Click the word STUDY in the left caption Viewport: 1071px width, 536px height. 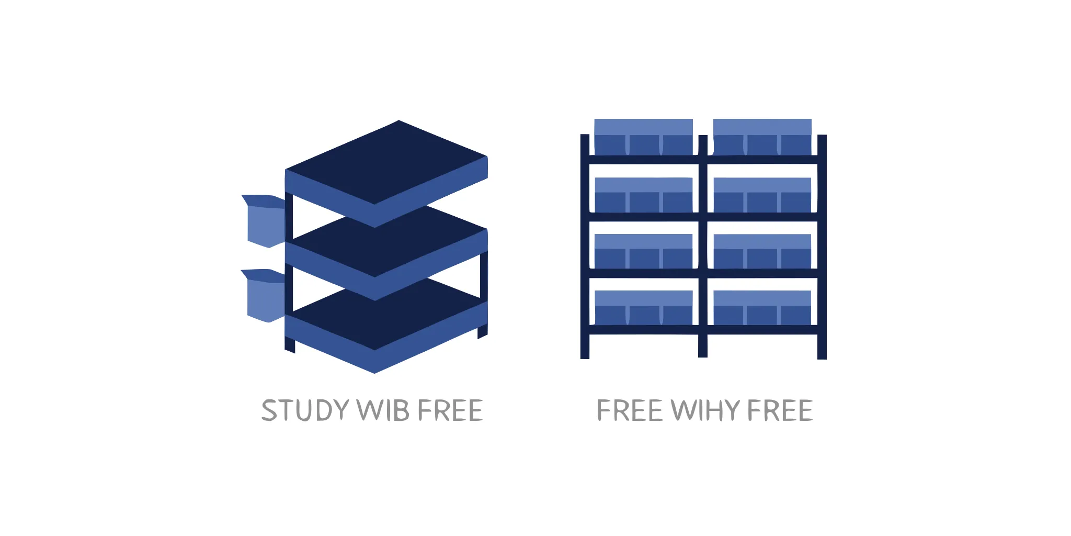point(305,410)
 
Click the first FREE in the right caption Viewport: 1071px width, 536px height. point(630,410)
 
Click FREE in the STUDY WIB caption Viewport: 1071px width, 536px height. point(450,410)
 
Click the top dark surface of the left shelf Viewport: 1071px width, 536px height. point(386,162)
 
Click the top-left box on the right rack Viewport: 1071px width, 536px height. point(644,137)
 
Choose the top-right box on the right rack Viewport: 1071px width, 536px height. point(762,137)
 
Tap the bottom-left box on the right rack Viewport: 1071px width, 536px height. point(644,308)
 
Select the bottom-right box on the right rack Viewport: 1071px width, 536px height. point(762,308)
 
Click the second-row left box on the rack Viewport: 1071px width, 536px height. point(644,195)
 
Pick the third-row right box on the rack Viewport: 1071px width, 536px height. point(762,251)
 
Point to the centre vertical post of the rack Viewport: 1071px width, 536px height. point(703,246)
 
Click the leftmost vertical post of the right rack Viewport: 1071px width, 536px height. point(585,247)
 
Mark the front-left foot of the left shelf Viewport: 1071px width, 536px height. point(290,344)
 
